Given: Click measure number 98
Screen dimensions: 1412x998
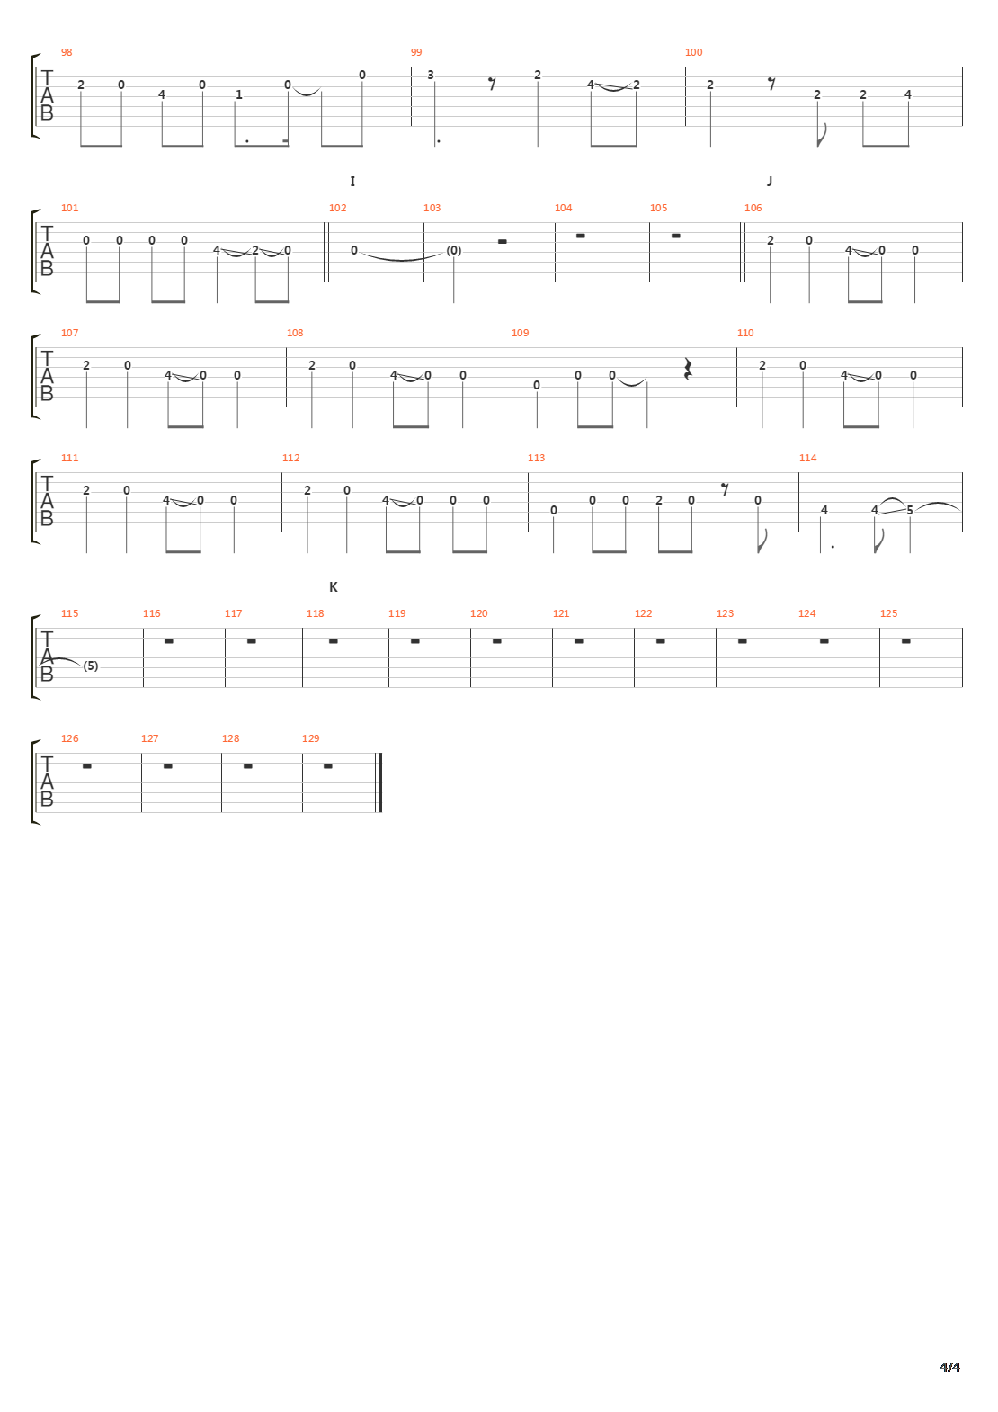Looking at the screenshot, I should (x=67, y=52).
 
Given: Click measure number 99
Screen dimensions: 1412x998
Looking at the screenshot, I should (x=416, y=52).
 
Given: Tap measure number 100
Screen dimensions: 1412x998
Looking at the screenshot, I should (x=693, y=52).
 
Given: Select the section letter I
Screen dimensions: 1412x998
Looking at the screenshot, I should (x=352, y=181).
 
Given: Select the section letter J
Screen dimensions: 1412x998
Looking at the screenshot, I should (x=770, y=181).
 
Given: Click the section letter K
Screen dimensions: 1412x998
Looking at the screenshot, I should (x=334, y=586).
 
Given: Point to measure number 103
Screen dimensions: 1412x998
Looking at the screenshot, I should (x=432, y=208).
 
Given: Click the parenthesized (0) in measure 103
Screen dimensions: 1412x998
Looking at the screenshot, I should (x=454, y=251).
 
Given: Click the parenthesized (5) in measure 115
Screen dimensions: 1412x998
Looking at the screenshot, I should (x=90, y=666).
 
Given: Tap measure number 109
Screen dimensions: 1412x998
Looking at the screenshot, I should (x=520, y=333).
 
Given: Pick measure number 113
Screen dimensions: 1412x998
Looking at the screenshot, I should (x=536, y=458).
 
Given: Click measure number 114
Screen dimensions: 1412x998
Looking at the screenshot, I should (x=807, y=458).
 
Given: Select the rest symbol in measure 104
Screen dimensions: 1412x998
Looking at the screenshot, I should (x=580, y=236).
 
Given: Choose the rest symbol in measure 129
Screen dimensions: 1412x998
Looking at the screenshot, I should (x=327, y=766).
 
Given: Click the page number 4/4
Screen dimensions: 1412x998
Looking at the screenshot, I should (x=949, y=1367).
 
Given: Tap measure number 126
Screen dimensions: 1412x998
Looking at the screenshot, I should (x=69, y=738).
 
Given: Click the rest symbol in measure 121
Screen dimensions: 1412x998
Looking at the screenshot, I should (x=578, y=641).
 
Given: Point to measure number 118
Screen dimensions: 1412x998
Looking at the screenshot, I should (x=315, y=613).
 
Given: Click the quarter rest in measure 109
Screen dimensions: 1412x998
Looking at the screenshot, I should (x=689, y=369).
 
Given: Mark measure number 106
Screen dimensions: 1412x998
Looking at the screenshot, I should (x=753, y=208).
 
